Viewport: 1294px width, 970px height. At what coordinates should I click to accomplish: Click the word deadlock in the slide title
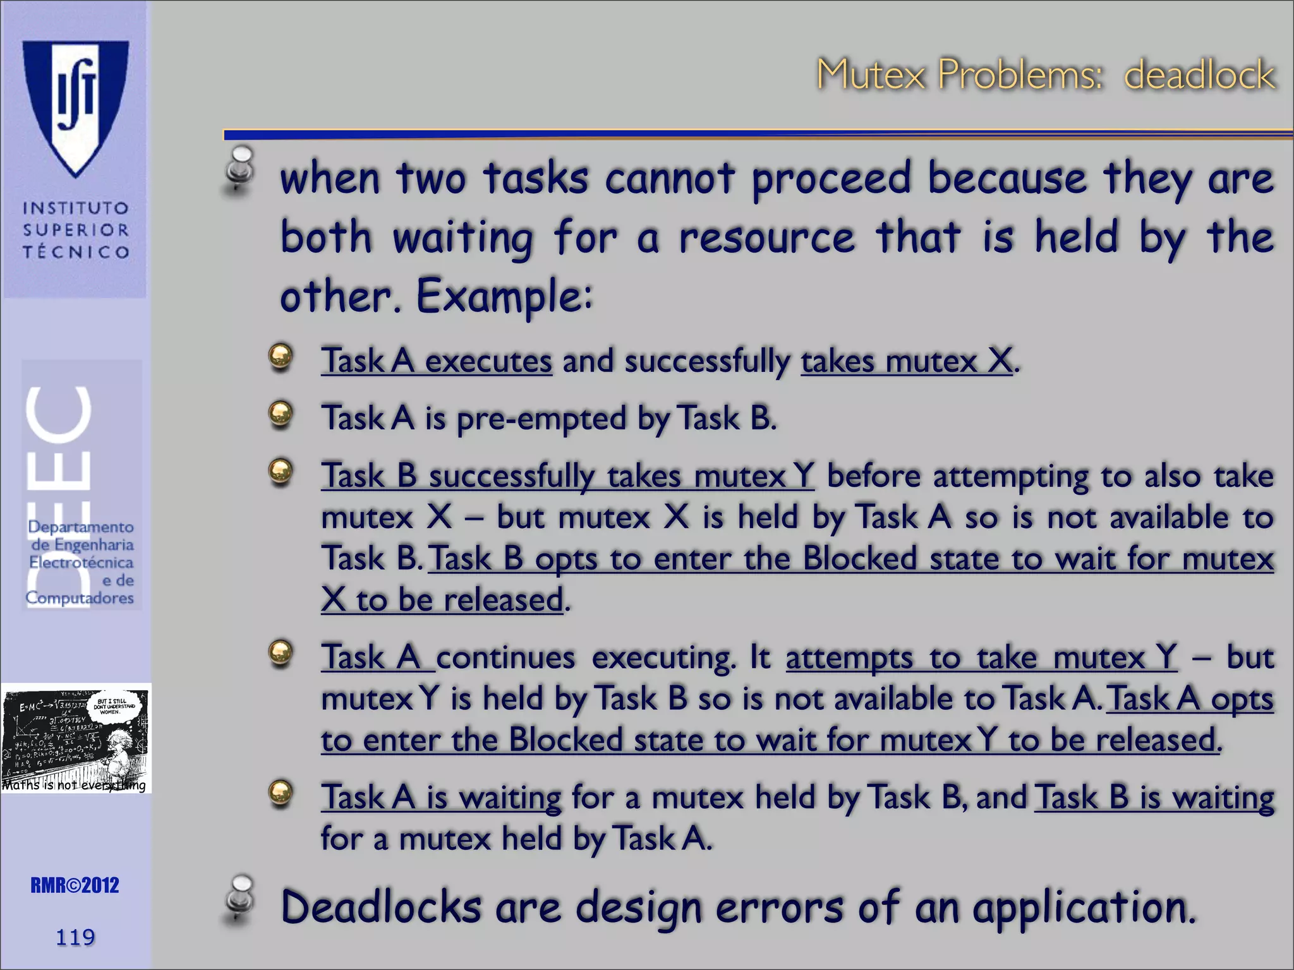pyautogui.click(x=1199, y=75)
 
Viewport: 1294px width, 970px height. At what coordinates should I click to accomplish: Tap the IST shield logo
pyautogui.click(x=76, y=107)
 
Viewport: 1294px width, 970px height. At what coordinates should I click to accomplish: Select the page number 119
pyautogui.click(x=75, y=937)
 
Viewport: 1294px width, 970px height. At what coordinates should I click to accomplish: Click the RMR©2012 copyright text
pyautogui.click(x=75, y=885)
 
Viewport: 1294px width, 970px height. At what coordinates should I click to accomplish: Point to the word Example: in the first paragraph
pyautogui.click(x=504, y=296)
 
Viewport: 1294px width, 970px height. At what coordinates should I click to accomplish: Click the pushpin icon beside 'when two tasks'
pyautogui.click(x=240, y=169)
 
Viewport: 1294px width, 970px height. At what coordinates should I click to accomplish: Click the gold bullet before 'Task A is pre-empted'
pyautogui.click(x=281, y=414)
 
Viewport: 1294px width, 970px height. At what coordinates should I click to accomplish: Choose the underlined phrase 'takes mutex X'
pyautogui.click(x=907, y=361)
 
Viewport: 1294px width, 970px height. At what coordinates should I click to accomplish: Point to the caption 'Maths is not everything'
pyautogui.click(x=74, y=785)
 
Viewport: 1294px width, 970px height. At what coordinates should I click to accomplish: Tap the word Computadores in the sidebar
pyautogui.click(x=80, y=597)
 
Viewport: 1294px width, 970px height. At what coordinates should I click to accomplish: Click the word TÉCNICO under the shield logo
pyautogui.click(x=76, y=252)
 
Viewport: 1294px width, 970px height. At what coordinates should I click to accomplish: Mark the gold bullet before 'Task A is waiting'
pyautogui.click(x=281, y=793)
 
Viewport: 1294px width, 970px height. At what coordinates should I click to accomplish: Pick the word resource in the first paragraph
pyautogui.click(x=766, y=238)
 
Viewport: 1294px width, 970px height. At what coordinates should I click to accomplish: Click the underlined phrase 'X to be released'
pyautogui.click(x=442, y=600)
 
